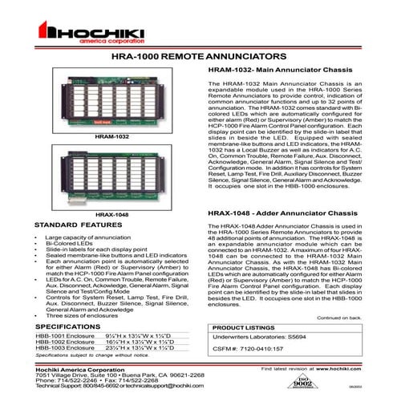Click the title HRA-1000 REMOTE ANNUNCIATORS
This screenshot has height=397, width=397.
click(x=198, y=59)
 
